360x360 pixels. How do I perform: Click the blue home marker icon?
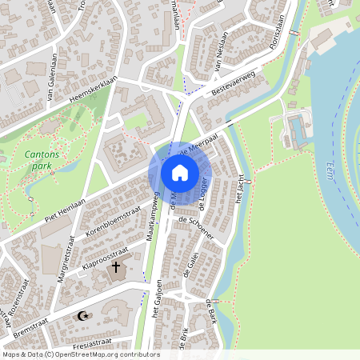[180, 173]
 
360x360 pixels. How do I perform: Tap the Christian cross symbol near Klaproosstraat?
[115, 266]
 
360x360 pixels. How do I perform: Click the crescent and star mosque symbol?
[82, 316]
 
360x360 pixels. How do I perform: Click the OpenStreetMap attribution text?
[80, 354]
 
